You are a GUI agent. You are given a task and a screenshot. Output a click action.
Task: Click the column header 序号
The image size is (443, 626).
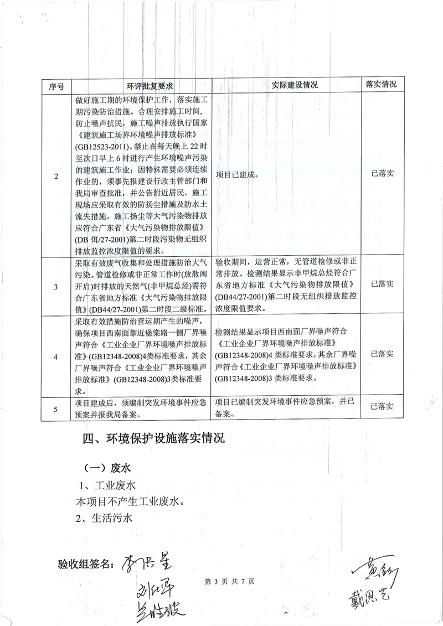point(56,86)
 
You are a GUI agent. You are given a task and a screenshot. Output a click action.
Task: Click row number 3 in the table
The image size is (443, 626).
point(56,287)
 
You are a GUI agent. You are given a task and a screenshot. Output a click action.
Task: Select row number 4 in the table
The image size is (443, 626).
point(56,355)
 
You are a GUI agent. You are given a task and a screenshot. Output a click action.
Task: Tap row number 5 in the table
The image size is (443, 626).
point(56,410)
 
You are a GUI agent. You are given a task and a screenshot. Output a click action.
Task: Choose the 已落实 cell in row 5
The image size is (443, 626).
point(382,407)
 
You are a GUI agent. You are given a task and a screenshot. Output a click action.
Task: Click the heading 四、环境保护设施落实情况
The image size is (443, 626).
point(153,439)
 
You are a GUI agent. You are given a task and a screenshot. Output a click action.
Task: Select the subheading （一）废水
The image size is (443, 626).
point(106,468)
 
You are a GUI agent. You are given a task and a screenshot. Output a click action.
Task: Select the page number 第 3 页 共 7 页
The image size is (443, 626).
point(229,582)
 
